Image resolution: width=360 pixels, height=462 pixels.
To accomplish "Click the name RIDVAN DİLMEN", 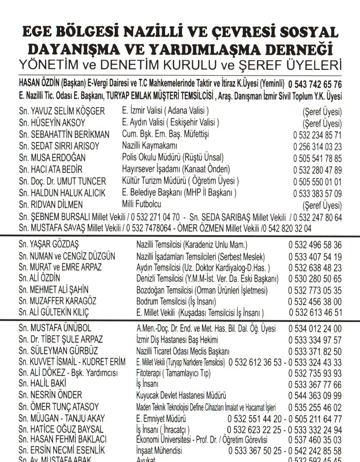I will tap(61, 205).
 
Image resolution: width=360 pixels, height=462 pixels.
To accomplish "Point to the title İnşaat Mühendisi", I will tap(159, 451).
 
